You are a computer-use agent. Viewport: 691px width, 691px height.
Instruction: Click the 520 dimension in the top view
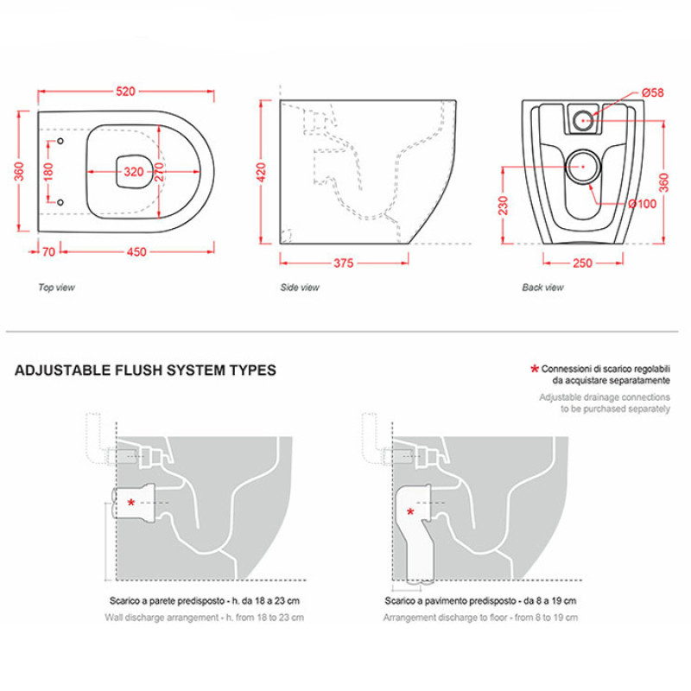pos(125,92)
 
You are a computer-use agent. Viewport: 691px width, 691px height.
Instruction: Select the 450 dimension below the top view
pos(136,251)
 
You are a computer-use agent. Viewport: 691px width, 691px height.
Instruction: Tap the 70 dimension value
pos(48,251)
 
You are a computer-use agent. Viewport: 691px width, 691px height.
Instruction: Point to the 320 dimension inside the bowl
pos(134,171)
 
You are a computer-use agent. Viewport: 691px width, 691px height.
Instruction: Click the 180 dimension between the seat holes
pos(48,171)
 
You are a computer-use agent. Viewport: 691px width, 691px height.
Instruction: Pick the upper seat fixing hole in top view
pos(60,141)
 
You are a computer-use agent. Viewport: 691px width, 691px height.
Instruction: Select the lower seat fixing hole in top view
pos(60,202)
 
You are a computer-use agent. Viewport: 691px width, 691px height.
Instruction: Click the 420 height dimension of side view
pos(261,172)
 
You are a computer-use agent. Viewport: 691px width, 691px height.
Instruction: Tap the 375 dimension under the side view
pos(343,263)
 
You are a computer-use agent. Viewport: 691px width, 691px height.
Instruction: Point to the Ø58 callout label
pos(653,92)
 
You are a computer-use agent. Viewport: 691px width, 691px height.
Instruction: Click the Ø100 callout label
pos(643,204)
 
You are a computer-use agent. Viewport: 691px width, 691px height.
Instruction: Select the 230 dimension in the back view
pos(504,206)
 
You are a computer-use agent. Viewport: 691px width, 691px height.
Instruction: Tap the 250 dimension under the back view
pos(582,263)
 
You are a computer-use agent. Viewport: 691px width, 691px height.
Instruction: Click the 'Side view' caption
pos(300,288)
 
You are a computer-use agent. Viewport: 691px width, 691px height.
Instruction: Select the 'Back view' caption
pos(543,288)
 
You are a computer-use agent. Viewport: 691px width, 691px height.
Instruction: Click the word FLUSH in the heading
pos(139,371)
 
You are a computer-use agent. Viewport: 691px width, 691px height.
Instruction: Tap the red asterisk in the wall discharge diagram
pos(131,503)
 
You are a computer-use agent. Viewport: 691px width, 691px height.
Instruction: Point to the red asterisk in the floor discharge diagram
pos(410,512)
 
